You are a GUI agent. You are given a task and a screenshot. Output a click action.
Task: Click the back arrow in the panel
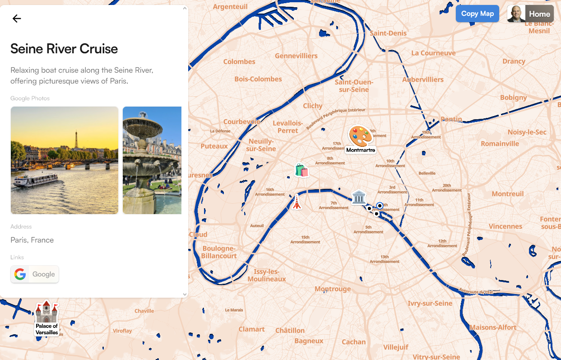(x=17, y=19)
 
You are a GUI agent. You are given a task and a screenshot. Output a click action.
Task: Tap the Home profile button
(x=530, y=14)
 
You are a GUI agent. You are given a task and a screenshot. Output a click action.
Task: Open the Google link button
(x=35, y=274)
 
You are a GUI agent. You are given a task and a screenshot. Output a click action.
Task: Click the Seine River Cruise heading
(x=64, y=49)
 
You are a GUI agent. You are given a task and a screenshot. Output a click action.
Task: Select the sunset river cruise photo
(x=65, y=160)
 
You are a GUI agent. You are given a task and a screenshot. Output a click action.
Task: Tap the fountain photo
(x=152, y=160)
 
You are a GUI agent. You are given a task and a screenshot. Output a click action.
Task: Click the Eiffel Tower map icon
(x=297, y=202)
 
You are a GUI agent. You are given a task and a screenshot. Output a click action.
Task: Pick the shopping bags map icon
(x=301, y=170)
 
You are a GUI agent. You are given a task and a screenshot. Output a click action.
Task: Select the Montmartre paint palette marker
(x=361, y=136)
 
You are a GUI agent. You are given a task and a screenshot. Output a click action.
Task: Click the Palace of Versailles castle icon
(x=47, y=312)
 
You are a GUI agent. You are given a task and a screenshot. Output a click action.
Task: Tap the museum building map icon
(x=359, y=197)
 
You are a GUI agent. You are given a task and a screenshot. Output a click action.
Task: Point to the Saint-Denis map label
(x=388, y=33)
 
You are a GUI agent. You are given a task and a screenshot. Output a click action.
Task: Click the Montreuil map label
(x=508, y=194)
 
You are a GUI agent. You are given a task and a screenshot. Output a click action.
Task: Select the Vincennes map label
(x=505, y=226)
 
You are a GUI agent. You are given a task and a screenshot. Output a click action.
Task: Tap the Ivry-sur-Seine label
(x=430, y=303)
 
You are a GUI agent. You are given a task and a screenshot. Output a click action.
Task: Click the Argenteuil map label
(x=230, y=7)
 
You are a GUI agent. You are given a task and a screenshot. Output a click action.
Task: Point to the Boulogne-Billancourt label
(x=219, y=252)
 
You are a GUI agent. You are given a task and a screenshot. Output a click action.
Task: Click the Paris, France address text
(x=32, y=240)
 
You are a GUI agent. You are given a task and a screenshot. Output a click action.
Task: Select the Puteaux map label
(x=214, y=146)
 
